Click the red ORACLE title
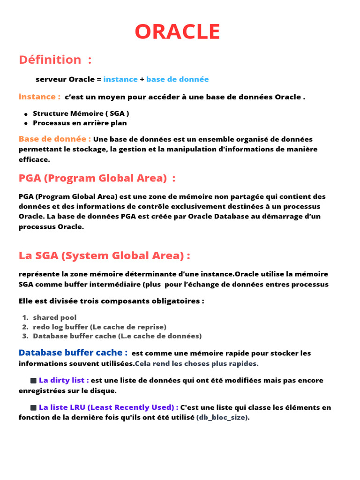click(x=177, y=32)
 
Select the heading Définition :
click(x=55, y=60)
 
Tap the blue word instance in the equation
click(x=120, y=79)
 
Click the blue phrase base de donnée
click(x=177, y=79)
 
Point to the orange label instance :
click(x=39, y=97)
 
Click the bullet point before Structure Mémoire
click(x=26, y=114)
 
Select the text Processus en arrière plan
click(x=80, y=123)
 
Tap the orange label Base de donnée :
click(x=55, y=139)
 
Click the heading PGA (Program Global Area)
click(x=97, y=178)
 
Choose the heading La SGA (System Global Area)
click(x=104, y=255)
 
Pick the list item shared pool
click(x=54, y=317)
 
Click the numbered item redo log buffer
click(x=99, y=327)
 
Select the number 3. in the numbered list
click(x=25, y=336)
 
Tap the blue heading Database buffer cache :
click(x=73, y=352)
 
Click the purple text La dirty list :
click(x=64, y=380)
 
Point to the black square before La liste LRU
click(x=33, y=407)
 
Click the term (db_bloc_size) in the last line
click(x=223, y=417)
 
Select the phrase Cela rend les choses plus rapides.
click(x=196, y=363)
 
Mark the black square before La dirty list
click(x=33, y=380)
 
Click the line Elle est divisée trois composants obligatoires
click(x=111, y=301)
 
